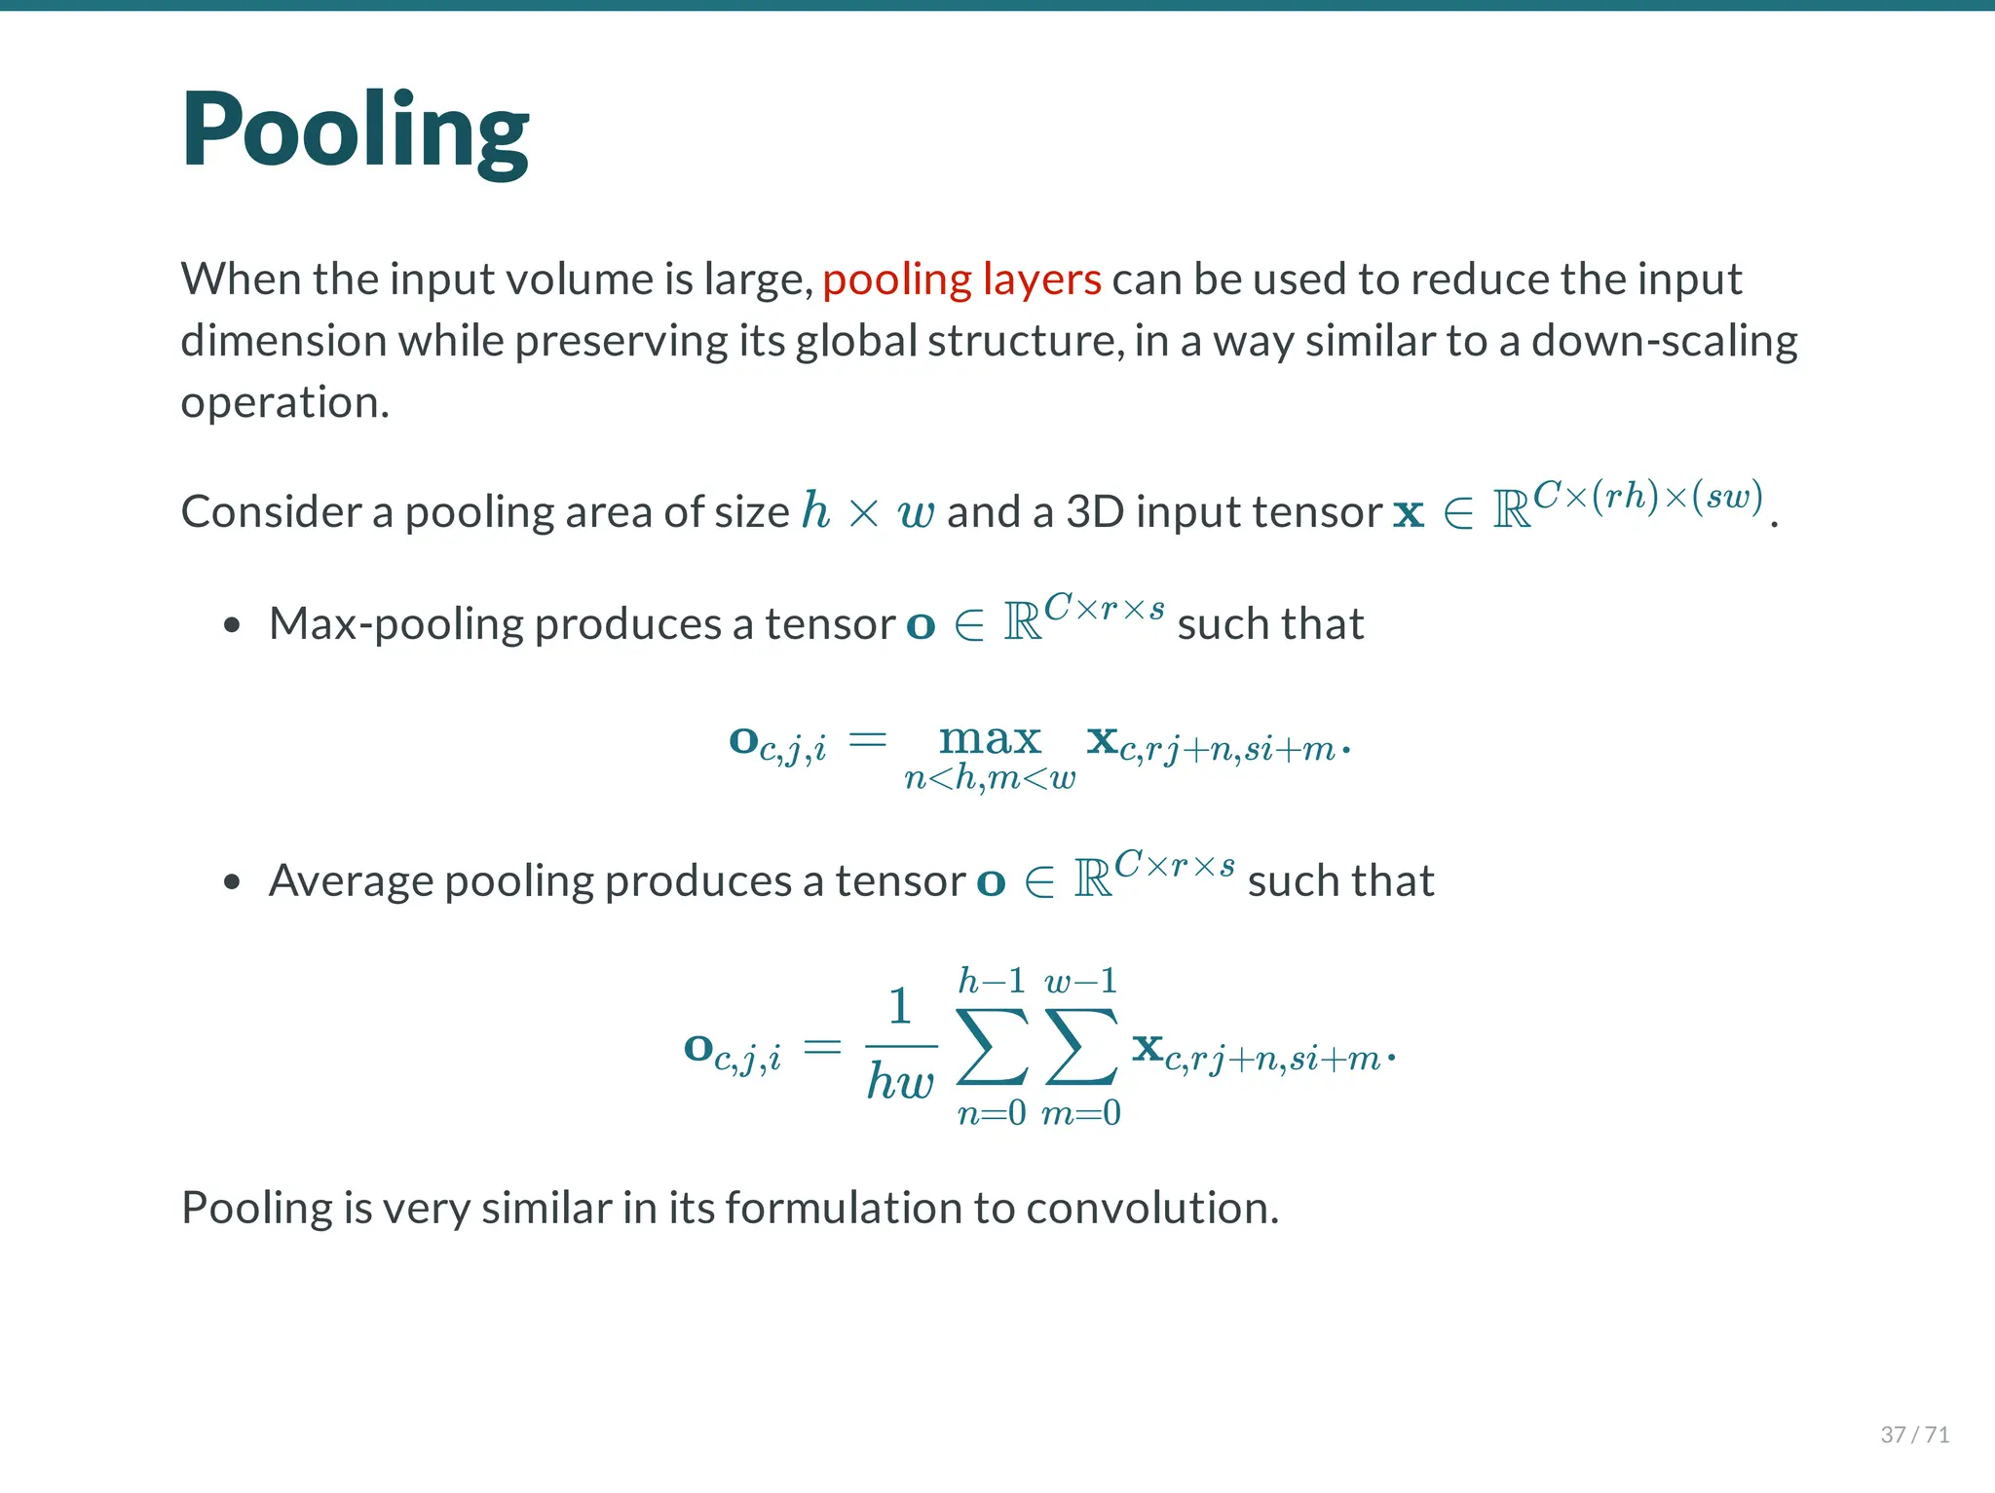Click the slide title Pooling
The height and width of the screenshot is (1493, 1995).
355,131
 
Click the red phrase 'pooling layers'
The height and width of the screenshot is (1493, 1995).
961,280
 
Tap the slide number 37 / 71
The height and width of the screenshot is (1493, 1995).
1914,1434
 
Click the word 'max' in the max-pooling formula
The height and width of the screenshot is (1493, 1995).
990,739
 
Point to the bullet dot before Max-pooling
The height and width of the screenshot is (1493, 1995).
231,625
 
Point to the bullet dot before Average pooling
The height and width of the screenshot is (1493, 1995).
231,882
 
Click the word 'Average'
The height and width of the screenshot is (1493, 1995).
351,881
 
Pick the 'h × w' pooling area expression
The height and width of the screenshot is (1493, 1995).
867,511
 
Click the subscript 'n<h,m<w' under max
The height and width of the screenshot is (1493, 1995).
990,778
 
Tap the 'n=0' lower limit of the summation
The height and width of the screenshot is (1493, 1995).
992,1112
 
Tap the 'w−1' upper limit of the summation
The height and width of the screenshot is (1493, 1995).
1080,981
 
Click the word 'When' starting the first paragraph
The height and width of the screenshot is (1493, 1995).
242,280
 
